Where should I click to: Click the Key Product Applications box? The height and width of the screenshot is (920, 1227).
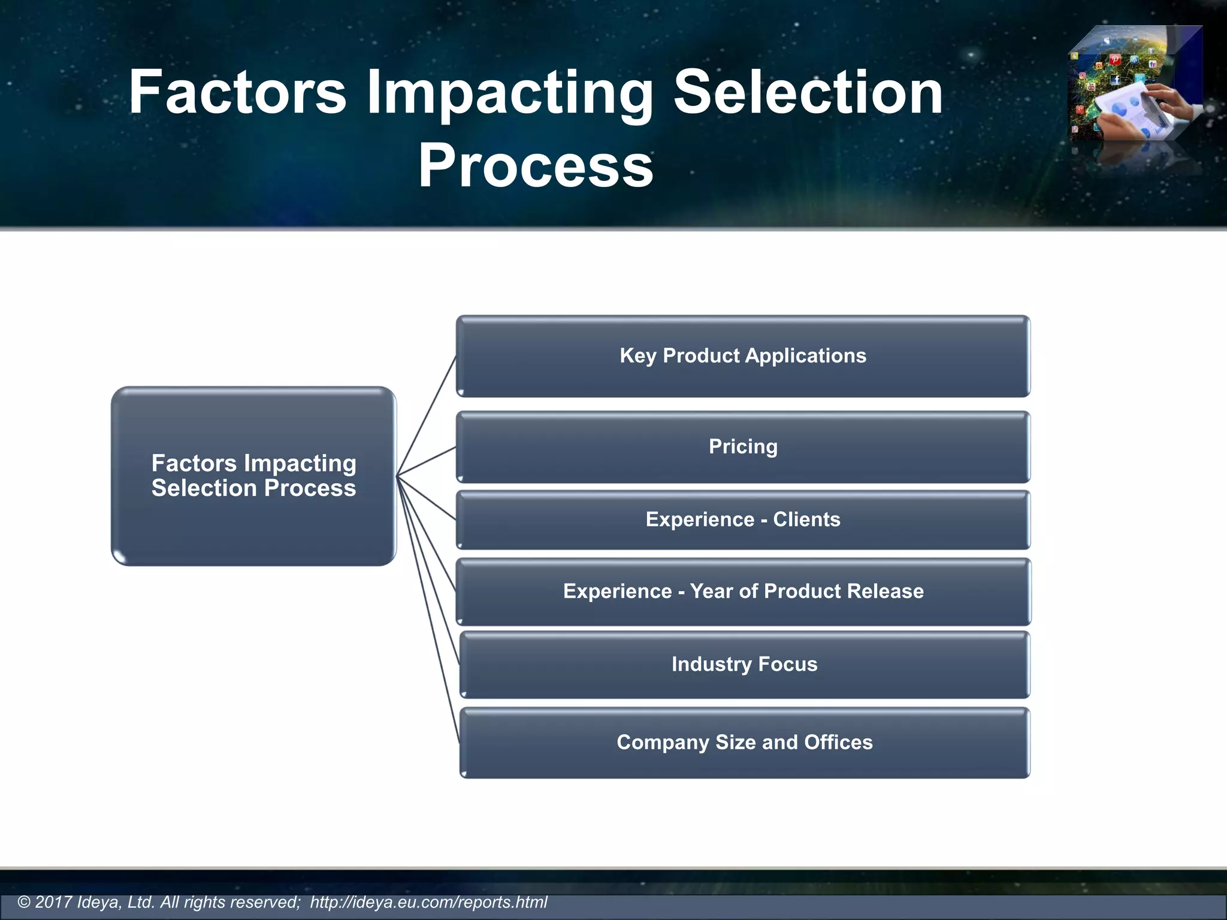743,356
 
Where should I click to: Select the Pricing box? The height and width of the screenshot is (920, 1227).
743,447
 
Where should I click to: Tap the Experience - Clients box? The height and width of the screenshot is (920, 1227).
743,520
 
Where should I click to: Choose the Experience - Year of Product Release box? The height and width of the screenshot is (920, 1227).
743,592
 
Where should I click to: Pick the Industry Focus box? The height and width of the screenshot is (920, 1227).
744,664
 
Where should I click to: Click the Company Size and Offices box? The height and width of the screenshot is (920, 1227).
744,743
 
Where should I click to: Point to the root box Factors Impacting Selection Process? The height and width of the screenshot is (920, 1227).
253,476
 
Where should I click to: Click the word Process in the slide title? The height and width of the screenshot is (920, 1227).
535,165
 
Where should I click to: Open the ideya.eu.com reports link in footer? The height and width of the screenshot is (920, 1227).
428,902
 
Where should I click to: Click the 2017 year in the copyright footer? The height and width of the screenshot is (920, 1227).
53,902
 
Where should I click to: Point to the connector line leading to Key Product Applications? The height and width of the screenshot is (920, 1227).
427,416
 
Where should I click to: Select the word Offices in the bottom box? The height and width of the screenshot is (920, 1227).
838,743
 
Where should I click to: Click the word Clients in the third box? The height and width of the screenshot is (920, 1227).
806,520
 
